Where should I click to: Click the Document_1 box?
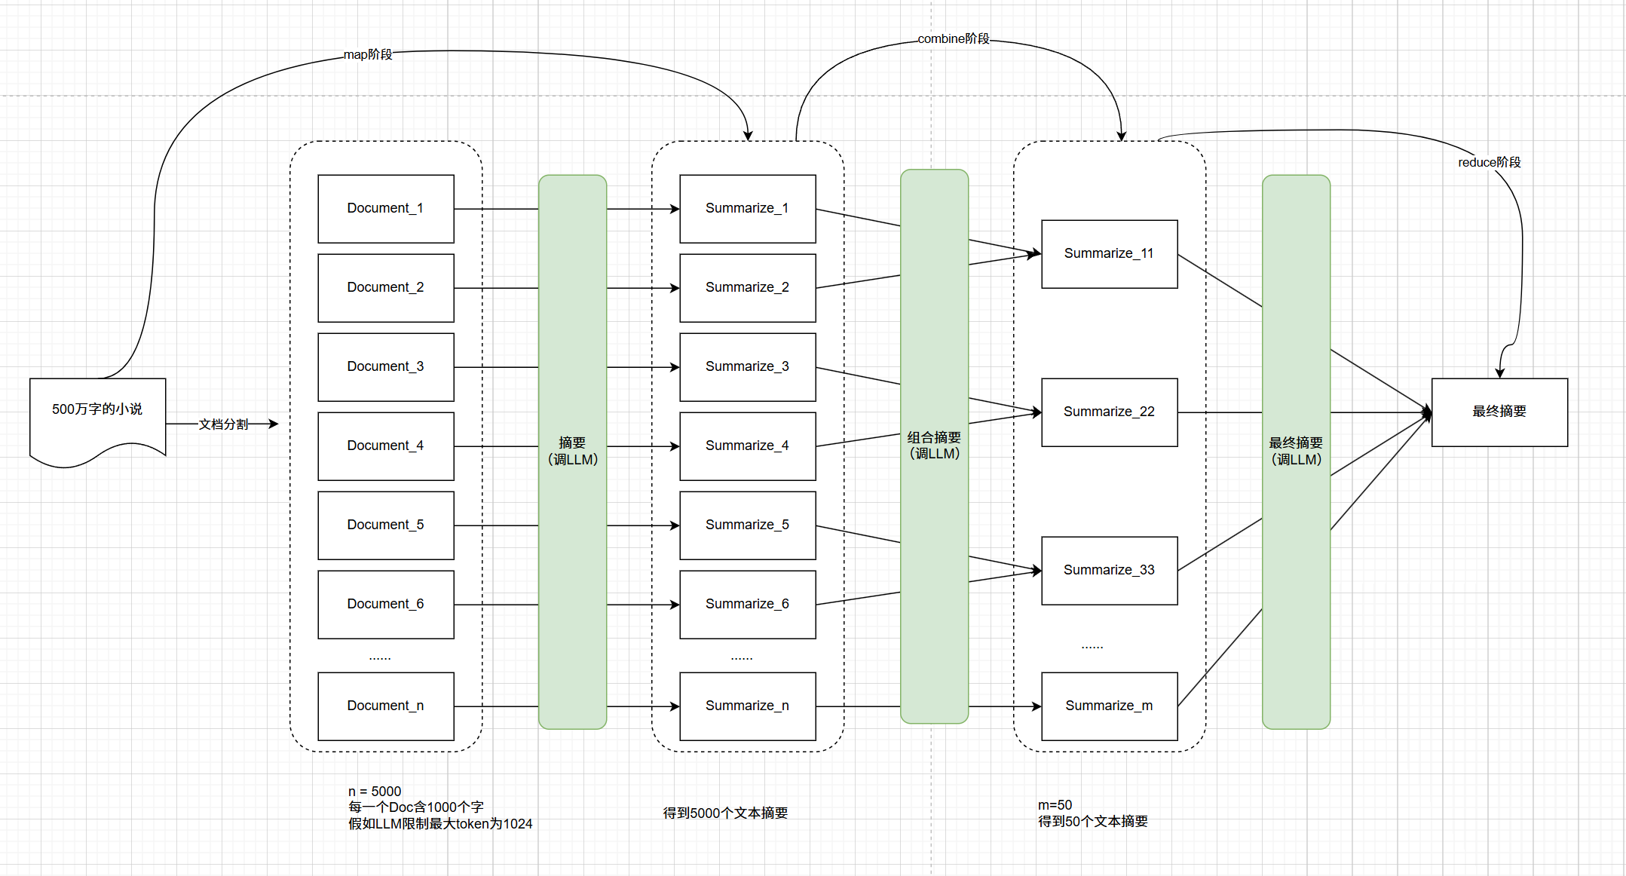[385, 209]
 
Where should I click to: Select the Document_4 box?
[385, 446]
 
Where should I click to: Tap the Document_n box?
[385, 706]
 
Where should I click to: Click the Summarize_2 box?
[747, 288]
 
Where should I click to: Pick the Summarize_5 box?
[747, 525]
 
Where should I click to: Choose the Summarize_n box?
[747, 706]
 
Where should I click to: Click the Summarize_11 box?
[1109, 254]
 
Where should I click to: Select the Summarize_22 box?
[1109, 412]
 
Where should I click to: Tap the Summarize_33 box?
[1109, 571]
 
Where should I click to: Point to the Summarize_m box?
[1109, 706]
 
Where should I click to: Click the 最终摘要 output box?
[1499, 412]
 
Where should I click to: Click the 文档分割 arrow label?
[223, 424]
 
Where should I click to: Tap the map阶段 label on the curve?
[368, 54]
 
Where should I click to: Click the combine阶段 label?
[953, 38]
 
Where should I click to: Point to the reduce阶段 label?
[1489, 162]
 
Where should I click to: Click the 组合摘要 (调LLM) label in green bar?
[934, 446]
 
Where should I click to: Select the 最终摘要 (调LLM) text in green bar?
[1296, 451]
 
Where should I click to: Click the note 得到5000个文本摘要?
[725, 813]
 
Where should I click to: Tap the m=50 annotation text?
[1055, 805]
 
